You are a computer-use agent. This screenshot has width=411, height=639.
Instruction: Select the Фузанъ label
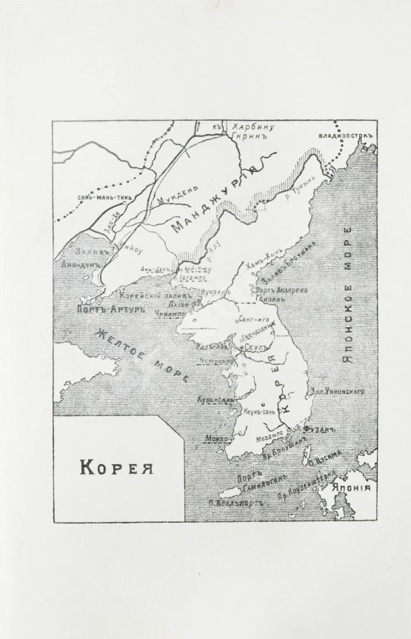click(320, 429)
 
